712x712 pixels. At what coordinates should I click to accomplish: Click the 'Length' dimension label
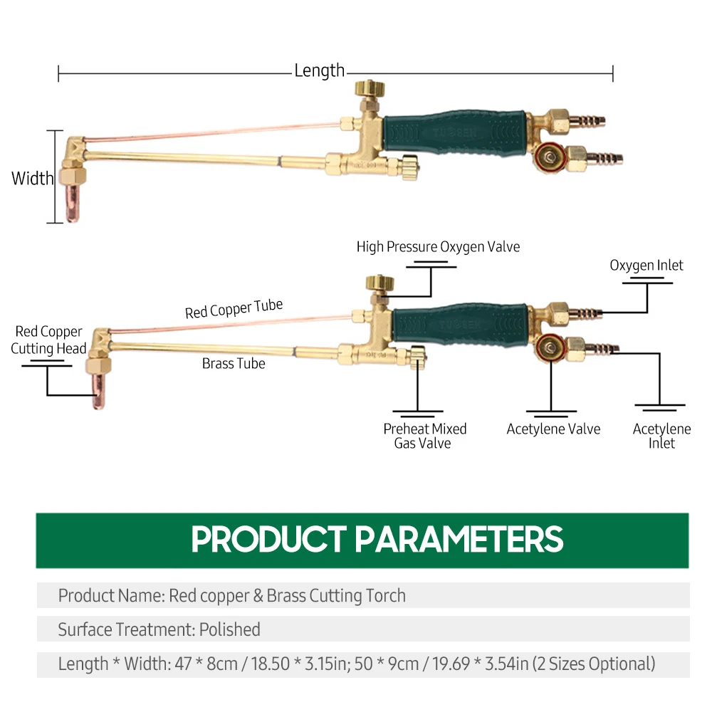coord(319,70)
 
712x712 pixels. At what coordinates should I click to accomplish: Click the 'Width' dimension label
coord(32,178)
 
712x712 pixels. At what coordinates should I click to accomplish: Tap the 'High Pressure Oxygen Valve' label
coord(438,247)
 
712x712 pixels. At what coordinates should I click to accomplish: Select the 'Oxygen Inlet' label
coord(646,266)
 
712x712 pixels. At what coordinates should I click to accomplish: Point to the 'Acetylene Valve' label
coord(553,429)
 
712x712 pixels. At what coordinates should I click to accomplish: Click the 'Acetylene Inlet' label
coord(661,436)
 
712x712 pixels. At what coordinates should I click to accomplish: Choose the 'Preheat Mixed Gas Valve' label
coord(424,436)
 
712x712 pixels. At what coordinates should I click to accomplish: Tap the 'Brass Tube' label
coord(234,364)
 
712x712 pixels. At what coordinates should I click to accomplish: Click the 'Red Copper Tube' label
coord(234,309)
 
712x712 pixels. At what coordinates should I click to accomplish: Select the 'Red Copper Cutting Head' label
coord(48,340)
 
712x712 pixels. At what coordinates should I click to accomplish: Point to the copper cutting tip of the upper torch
coord(73,203)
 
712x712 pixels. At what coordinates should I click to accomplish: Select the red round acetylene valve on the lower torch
coord(549,347)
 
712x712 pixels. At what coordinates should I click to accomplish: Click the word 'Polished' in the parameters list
coord(229,629)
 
